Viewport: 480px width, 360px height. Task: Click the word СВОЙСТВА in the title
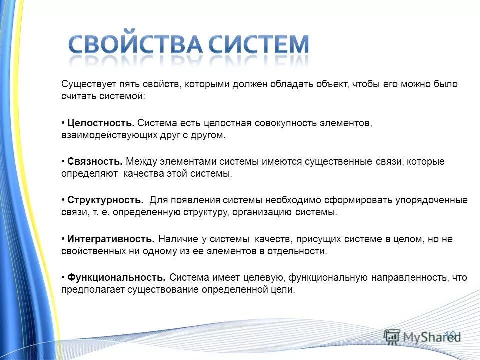135,46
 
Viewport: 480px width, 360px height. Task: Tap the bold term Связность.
95,162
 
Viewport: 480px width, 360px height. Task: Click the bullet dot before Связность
63,162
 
